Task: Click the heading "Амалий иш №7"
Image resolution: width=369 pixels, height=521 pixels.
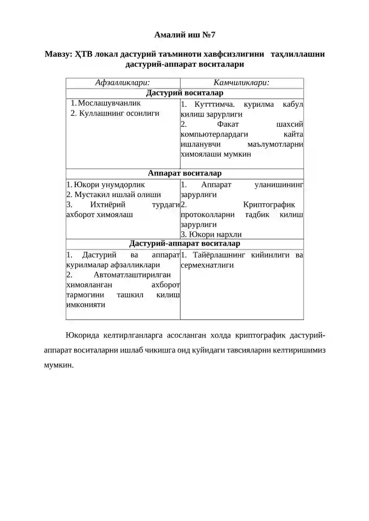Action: [184, 35]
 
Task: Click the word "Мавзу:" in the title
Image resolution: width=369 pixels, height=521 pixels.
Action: [57, 54]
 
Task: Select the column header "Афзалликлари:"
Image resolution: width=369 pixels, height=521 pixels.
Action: [122, 83]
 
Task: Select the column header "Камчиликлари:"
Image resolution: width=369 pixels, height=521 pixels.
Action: [242, 83]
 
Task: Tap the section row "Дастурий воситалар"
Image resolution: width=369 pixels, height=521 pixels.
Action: [184, 94]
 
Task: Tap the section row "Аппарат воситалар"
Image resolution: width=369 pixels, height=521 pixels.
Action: [184, 174]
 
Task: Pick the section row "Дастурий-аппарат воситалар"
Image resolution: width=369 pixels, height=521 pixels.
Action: [184, 244]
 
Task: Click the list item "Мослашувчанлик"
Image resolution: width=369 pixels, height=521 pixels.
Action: [109, 103]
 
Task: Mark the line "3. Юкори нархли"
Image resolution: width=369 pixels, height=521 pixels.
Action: [211, 234]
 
